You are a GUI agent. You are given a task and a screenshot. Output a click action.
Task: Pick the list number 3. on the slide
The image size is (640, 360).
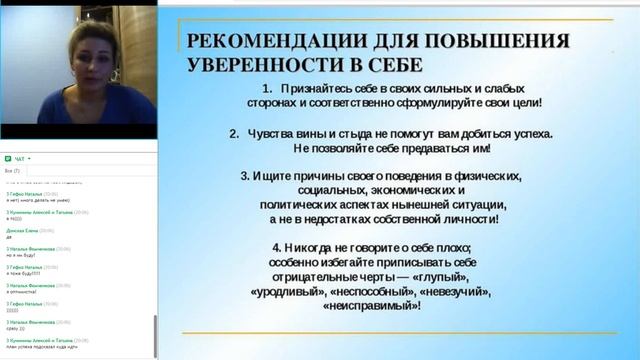(246, 175)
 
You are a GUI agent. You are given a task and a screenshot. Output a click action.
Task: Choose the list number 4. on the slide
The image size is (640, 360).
(277, 247)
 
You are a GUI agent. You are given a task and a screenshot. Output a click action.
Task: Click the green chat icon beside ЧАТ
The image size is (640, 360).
(7, 158)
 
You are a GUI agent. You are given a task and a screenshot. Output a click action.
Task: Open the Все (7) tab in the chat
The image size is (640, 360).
(13, 171)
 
